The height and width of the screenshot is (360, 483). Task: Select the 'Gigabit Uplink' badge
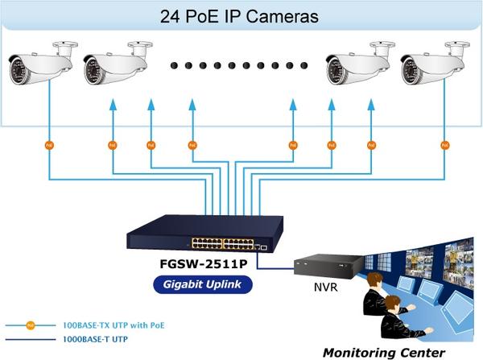202,284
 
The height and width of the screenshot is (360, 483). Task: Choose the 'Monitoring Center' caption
383,352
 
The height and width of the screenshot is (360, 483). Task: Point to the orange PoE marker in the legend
30,327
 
